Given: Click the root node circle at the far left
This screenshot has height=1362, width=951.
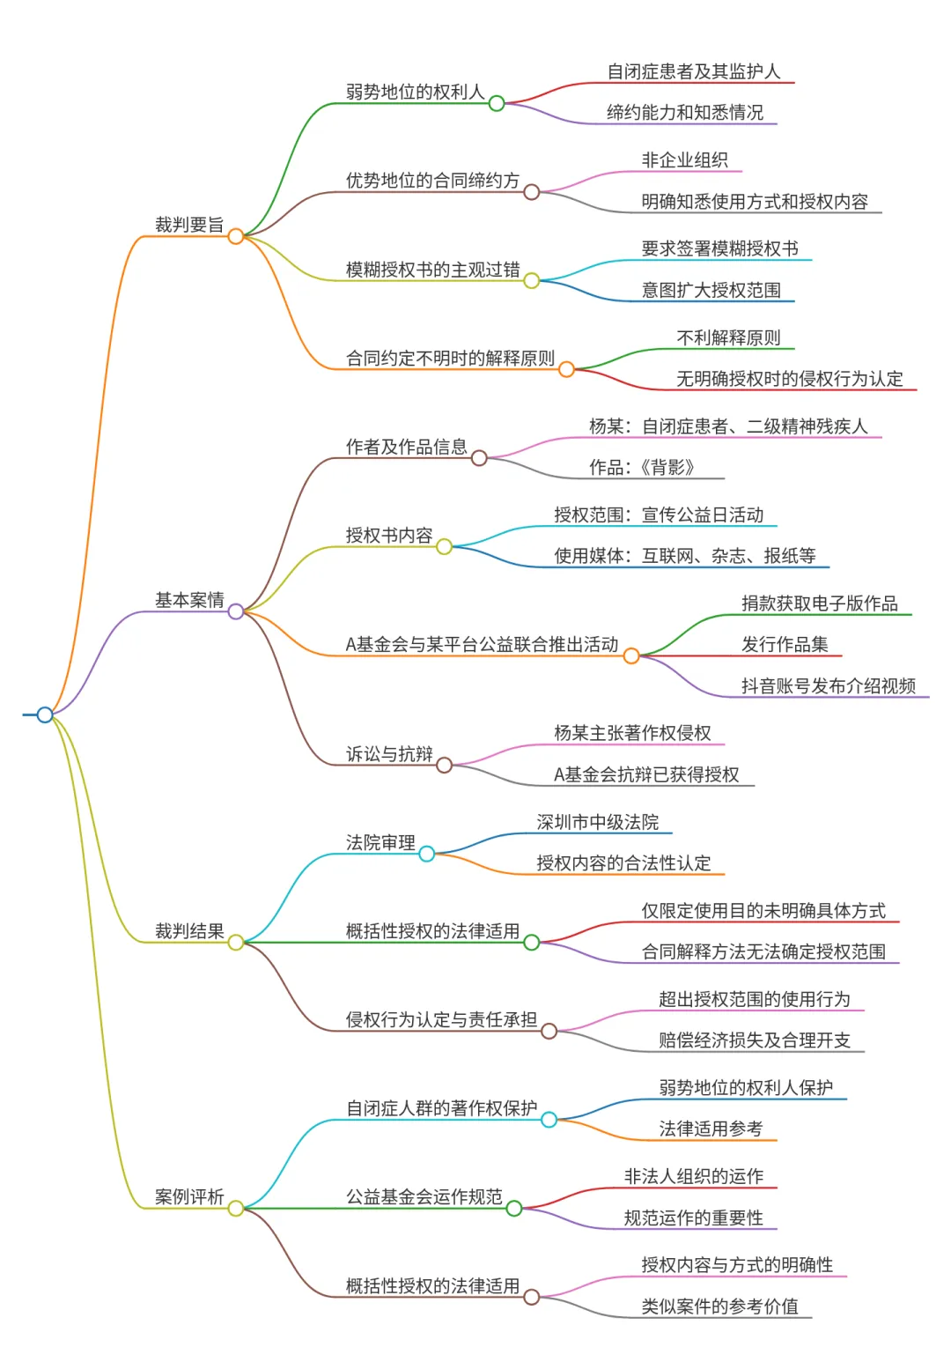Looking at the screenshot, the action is (x=45, y=714).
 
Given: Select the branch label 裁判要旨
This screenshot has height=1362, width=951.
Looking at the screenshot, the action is (x=189, y=225).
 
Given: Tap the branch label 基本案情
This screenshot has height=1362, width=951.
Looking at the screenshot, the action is (x=189, y=600).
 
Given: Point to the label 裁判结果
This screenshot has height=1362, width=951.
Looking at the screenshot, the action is (x=189, y=931).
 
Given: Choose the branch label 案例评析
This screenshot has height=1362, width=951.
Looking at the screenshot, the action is (x=189, y=1196).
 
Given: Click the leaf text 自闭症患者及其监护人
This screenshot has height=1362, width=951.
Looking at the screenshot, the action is (x=694, y=71).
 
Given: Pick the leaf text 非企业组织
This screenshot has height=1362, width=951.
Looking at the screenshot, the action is (x=685, y=160).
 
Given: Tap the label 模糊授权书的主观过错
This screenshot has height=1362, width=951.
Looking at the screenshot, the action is (x=432, y=270).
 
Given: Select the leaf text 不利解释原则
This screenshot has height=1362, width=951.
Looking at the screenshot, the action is (x=728, y=337).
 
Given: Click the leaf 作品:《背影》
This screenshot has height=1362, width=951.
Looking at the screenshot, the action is (x=642, y=467).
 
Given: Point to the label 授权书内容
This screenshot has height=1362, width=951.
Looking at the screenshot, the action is (x=389, y=535).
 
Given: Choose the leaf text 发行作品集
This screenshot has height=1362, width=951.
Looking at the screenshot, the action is (x=785, y=645).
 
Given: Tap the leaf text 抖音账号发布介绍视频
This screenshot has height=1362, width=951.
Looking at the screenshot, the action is (x=829, y=686).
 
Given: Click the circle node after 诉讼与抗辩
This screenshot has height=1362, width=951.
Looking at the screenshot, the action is (x=444, y=765).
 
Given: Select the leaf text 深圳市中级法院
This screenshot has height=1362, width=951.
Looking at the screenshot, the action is (x=597, y=822).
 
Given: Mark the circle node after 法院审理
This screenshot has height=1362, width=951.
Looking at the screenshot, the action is (x=426, y=854).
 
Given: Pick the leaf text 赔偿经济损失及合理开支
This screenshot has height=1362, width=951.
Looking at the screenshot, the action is (x=754, y=1040).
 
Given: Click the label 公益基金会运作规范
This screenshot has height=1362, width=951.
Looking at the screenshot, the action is (x=424, y=1196).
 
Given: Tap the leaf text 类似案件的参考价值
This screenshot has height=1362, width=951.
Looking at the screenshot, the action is (x=719, y=1306).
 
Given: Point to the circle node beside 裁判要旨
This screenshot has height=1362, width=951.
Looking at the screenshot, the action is (x=236, y=236).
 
